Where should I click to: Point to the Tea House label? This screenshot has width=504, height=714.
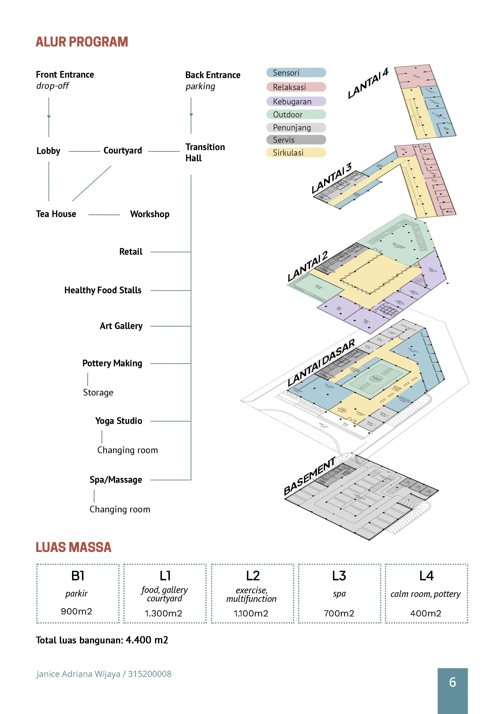click(56, 214)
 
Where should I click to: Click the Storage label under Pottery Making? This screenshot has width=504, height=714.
click(98, 392)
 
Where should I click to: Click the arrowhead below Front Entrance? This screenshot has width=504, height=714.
click(49, 117)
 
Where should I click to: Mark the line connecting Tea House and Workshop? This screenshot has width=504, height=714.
click(104, 215)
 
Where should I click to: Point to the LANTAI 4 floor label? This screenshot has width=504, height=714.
click(368, 83)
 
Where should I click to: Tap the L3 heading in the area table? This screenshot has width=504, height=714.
click(339, 576)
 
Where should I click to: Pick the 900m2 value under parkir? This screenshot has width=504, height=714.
click(76, 611)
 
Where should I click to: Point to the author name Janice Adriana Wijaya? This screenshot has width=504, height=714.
click(78, 674)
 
